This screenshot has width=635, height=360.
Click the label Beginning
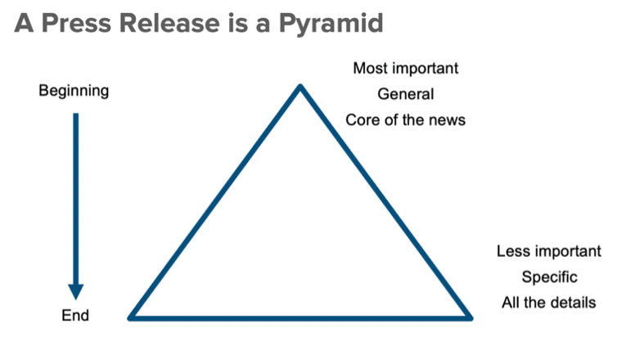(x=74, y=91)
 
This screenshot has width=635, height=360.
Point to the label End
(x=75, y=315)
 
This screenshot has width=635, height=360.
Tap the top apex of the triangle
(x=300, y=87)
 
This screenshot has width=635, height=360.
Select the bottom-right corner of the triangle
(x=470, y=316)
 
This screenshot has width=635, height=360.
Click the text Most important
(x=405, y=68)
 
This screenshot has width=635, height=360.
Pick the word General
(x=405, y=94)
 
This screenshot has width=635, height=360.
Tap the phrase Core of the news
(x=405, y=119)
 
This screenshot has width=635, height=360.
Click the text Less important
(x=549, y=251)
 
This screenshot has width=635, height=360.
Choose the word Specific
(x=549, y=277)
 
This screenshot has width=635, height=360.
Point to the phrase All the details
(x=549, y=303)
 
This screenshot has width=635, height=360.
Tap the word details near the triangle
(x=574, y=303)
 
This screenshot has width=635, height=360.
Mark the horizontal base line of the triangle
(x=300, y=316)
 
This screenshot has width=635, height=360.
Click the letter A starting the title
(x=24, y=23)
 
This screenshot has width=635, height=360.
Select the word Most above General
(x=369, y=68)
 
